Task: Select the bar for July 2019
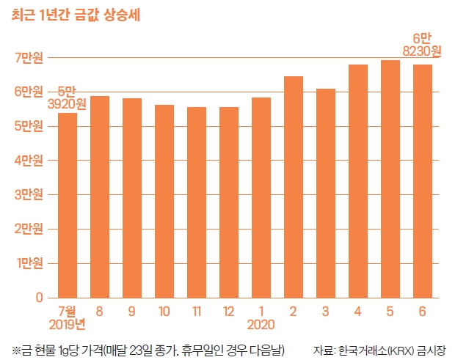(x=67, y=205)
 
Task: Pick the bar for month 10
(x=164, y=201)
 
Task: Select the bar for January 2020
(x=261, y=197)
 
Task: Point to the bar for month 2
(x=293, y=187)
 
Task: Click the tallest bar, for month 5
(x=390, y=179)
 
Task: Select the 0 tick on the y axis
(x=39, y=298)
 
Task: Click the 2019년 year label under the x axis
(x=67, y=323)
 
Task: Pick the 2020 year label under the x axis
(x=261, y=323)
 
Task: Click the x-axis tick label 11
(x=196, y=311)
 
